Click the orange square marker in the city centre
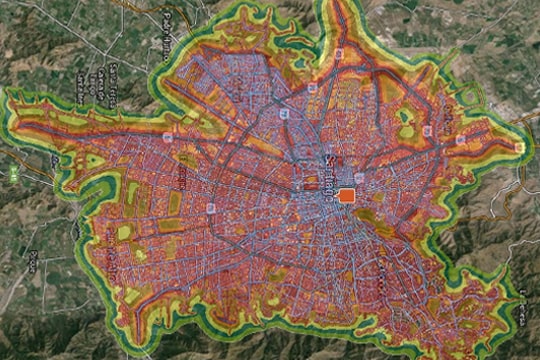coord(346,196)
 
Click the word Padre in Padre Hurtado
coord(165,20)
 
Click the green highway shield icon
coord(14,174)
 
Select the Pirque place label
coord(32,261)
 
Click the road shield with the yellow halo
coord(519,147)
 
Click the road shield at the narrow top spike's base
coord(340,53)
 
